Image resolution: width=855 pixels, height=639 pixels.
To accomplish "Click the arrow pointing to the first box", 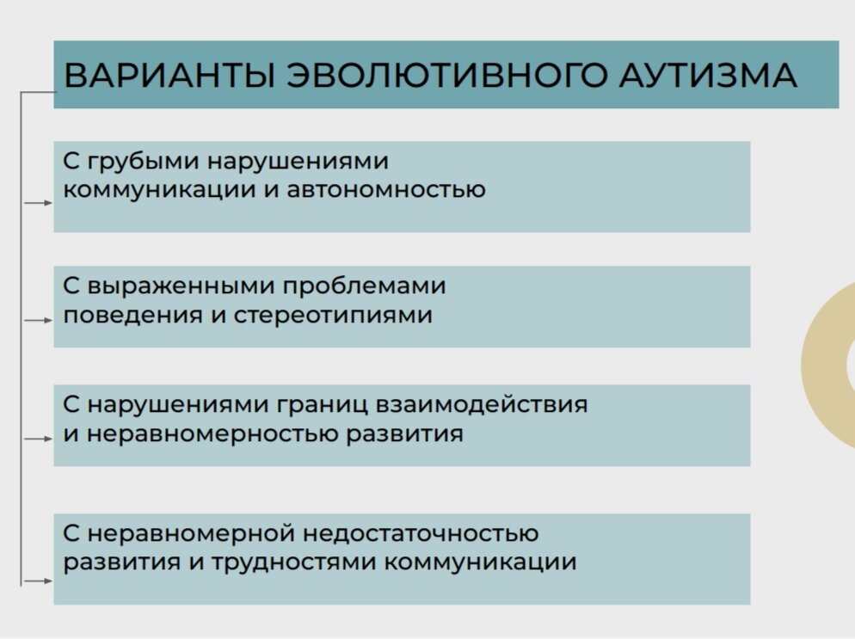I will [x=39, y=203].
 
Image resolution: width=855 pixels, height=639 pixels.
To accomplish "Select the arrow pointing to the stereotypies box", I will [x=39, y=320].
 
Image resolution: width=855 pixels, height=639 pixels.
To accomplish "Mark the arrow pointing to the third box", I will [x=39, y=439].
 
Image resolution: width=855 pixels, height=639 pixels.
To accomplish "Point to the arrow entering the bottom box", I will [x=39, y=581].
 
